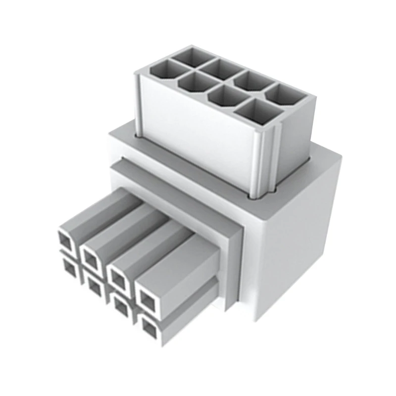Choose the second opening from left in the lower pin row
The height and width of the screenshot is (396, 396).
pyautogui.click(x=94, y=286)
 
